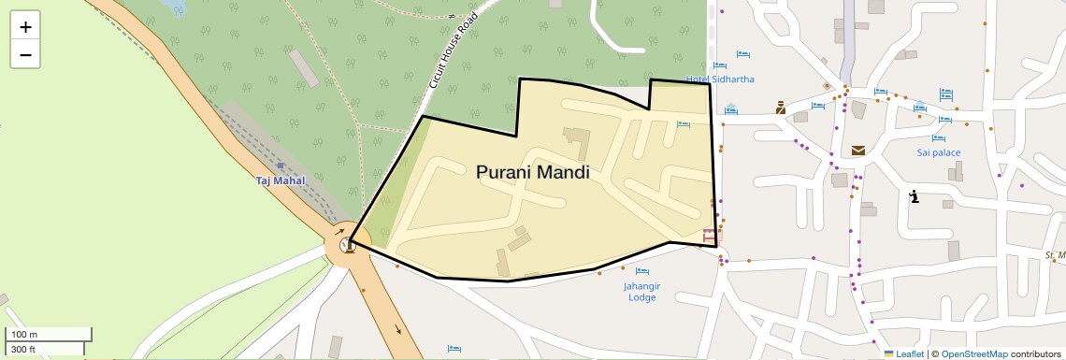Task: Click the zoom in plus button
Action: point(25,27)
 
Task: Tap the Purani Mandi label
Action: point(532,172)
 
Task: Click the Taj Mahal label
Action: point(281,180)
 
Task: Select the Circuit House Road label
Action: point(453,51)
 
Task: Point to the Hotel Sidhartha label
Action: point(720,79)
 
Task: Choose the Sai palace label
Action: point(939,152)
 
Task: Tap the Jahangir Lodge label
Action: point(641,291)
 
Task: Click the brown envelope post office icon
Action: point(858,151)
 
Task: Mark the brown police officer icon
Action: point(781,107)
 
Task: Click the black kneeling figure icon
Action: point(915,196)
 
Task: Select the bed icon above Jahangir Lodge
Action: point(641,271)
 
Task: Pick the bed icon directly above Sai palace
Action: point(944,120)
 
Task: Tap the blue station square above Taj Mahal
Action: point(281,166)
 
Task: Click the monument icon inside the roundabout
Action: point(348,246)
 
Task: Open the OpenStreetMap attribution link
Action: point(974,353)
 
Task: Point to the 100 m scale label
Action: point(24,335)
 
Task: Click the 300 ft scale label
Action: point(24,350)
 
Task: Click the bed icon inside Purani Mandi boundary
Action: point(684,124)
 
